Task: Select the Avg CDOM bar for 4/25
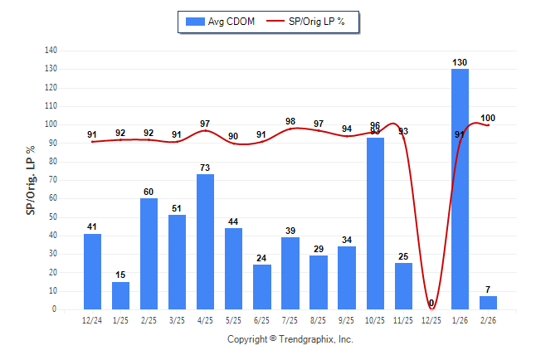coord(206,241)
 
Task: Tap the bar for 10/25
coord(375,223)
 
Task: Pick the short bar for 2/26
coord(488,303)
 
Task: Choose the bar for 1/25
coord(121,295)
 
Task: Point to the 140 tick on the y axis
coord(51,50)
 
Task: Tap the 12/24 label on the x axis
coord(93,319)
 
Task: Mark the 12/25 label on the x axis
coord(431,319)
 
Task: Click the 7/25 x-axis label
coord(290,319)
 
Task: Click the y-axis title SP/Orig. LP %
coord(31,180)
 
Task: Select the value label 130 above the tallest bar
coord(460,62)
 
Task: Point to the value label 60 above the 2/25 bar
coord(149,192)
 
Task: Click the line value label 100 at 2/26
coord(488,119)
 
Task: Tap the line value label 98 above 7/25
coord(290,121)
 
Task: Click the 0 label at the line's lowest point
coord(431,303)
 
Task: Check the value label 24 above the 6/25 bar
coord(262,258)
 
